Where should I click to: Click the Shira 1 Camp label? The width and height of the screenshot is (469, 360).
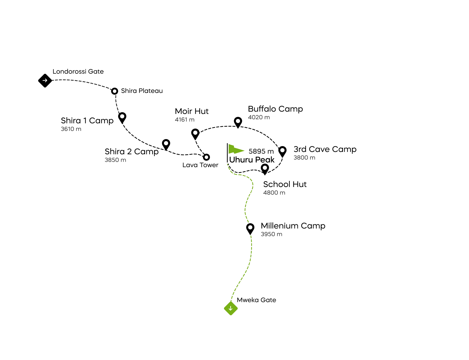(87, 120)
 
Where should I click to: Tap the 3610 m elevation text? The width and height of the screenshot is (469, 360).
(71, 129)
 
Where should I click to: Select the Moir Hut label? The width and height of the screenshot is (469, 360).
(192, 111)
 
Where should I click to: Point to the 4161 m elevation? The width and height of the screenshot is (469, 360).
(185, 120)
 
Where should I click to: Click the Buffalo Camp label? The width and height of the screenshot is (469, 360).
(275, 109)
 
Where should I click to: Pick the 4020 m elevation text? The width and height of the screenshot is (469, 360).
(259, 117)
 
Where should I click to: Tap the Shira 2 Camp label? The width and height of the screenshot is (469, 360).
(132, 151)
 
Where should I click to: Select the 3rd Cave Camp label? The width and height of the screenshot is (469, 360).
(325, 149)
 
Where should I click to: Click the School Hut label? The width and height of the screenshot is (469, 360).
(284, 184)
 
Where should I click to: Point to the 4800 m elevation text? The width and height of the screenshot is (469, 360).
(274, 193)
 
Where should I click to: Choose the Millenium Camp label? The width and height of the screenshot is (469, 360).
(293, 226)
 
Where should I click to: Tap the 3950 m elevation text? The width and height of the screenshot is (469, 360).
(271, 234)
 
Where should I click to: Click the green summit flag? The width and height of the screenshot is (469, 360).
(235, 149)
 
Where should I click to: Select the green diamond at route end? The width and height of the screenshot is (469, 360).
(230, 309)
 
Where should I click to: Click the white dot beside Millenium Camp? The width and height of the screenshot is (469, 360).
(250, 227)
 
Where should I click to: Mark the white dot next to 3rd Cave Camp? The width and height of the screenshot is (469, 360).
(282, 150)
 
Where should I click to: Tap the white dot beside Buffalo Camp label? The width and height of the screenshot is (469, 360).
(238, 121)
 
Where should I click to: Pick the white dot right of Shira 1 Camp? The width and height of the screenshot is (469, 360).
(122, 116)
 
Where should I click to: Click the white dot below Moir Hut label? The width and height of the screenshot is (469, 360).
(195, 133)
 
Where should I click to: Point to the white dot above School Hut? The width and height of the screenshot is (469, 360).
(265, 168)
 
